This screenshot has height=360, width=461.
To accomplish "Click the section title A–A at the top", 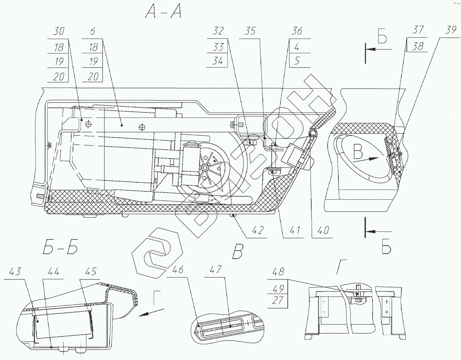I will pyautogui.click(x=163, y=13).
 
